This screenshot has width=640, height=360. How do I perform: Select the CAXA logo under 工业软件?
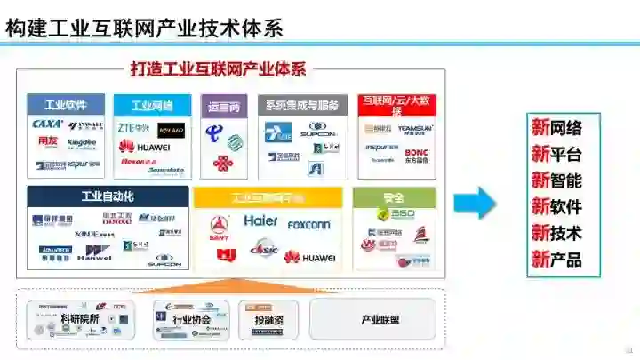[47, 124]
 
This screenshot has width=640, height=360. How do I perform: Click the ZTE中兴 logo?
[134, 128]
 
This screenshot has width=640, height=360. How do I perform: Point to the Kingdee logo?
[82, 142]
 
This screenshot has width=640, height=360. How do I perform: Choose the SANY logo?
[219, 226]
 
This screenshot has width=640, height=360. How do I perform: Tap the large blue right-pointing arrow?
[476, 203]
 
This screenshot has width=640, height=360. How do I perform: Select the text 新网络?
[556, 127]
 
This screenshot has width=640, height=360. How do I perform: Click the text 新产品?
[556, 260]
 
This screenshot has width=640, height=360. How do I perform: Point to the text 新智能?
[556, 180]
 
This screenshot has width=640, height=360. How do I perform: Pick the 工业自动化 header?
[108, 196]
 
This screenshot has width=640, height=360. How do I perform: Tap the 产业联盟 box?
[373, 319]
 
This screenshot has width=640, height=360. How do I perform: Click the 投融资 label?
[268, 319]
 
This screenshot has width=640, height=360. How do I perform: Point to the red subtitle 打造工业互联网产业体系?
[218, 69]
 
